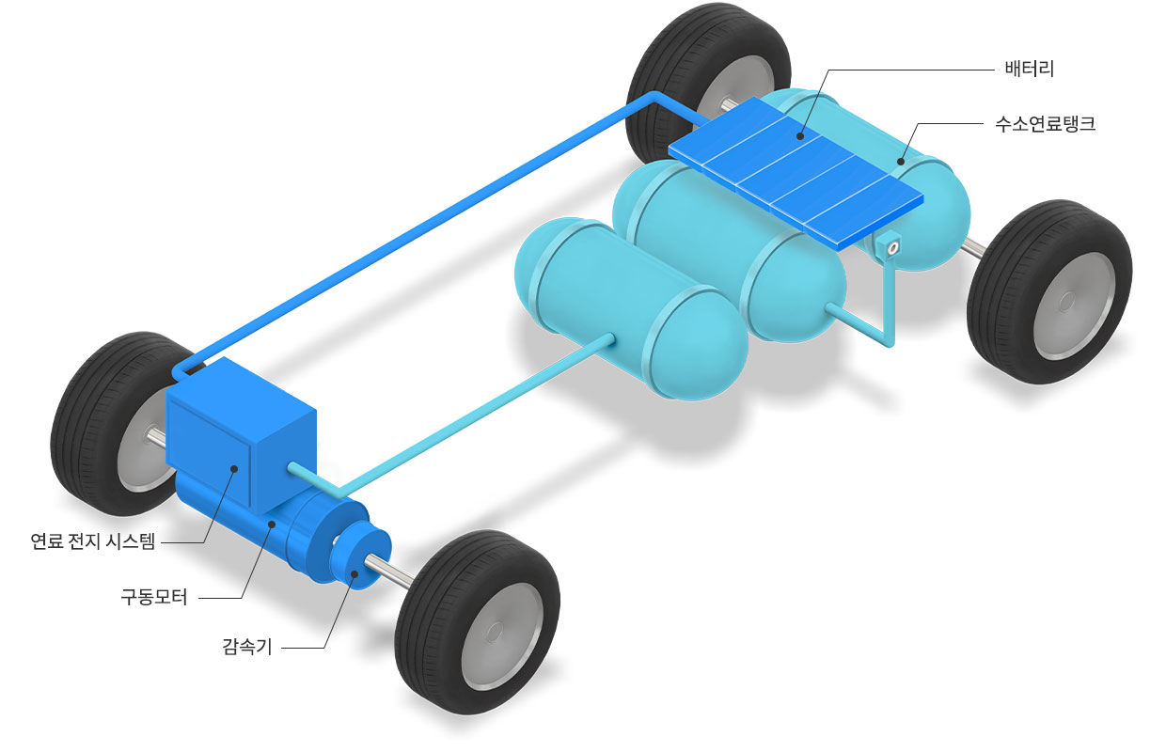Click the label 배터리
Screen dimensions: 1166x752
click(x=1029, y=70)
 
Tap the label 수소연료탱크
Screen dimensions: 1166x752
click(x=1046, y=124)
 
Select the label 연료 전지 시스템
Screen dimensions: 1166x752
click(x=93, y=541)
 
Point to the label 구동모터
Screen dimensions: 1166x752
click(x=153, y=597)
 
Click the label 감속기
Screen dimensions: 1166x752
click(x=247, y=647)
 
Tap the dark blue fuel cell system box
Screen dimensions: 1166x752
click(x=241, y=432)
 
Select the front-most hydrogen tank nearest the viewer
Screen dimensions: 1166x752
click(x=631, y=308)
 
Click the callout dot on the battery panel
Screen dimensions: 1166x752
click(x=800, y=136)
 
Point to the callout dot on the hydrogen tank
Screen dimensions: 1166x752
click(x=900, y=162)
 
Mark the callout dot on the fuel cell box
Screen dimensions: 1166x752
click(x=234, y=469)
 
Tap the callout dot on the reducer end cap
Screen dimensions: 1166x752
click(x=354, y=574)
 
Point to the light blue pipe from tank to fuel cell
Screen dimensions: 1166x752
click(x=453, y=416)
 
